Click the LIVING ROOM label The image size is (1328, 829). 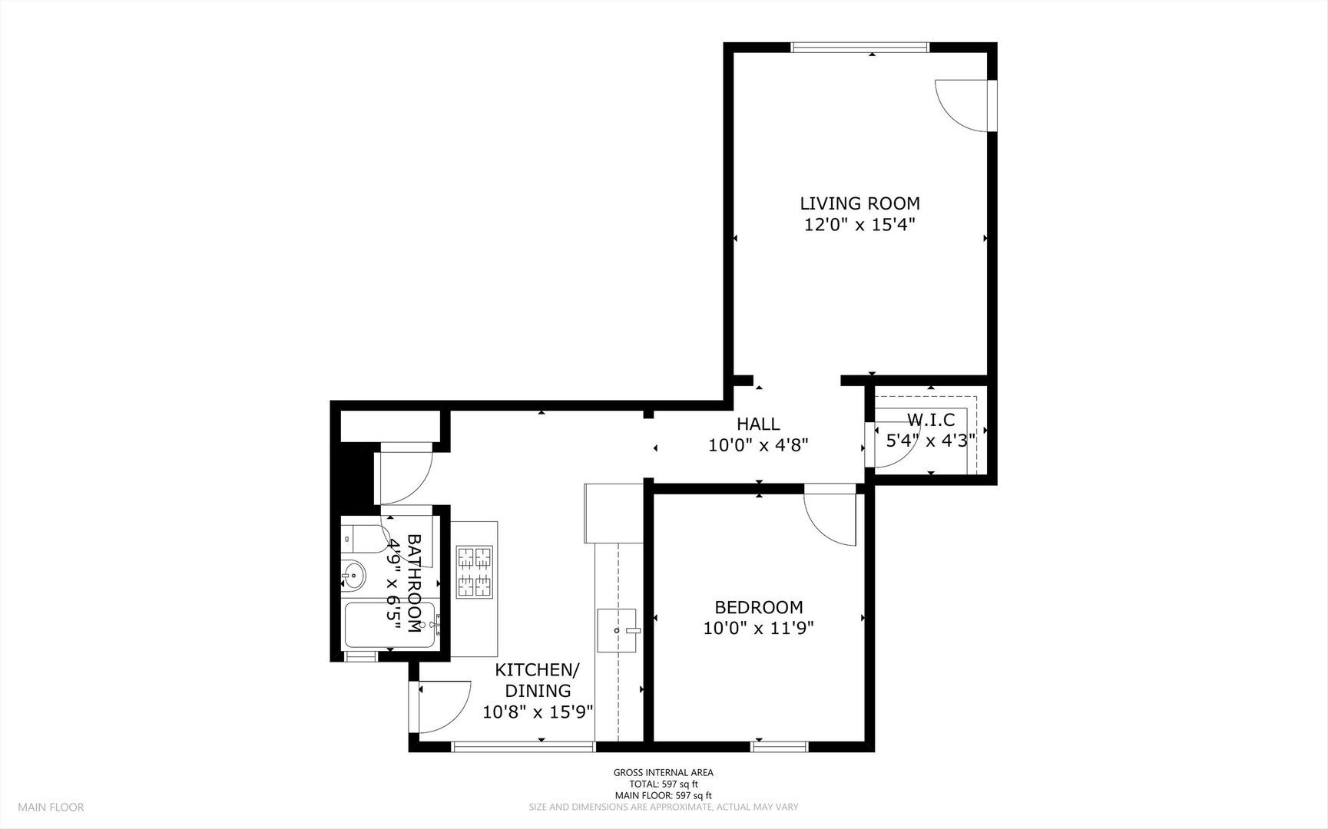(859, 203)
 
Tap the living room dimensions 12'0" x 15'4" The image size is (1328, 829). (859, 225)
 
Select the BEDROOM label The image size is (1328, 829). (759, 607)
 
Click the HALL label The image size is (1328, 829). (758, 424)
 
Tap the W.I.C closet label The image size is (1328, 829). (931, 420)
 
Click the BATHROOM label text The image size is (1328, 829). (413, 583)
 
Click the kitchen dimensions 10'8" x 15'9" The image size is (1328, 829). (538, 712)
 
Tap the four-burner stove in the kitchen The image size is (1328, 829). (475, 572)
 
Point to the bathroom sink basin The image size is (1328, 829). (353, 574)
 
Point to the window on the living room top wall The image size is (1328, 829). (860, 47)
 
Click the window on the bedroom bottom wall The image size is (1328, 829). (780, 745)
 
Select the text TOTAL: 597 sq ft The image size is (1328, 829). (664, 784)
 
